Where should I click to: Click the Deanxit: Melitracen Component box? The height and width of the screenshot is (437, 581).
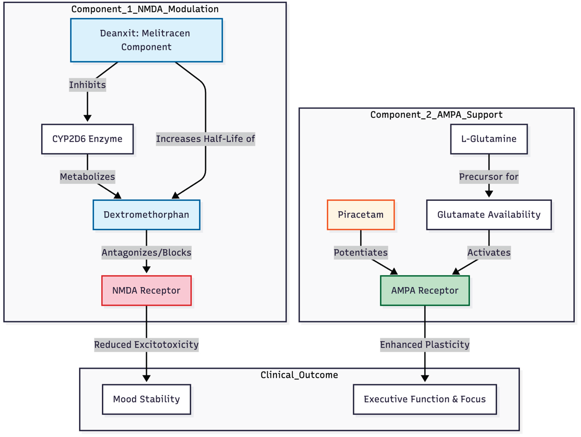(146, 40)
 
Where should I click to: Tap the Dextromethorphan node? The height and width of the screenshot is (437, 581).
(146, 214)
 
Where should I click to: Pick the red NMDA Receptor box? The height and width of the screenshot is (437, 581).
(146, 290)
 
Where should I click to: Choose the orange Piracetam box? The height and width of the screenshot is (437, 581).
(360, 214)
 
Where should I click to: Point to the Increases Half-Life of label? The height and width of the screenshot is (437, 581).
(205, 139)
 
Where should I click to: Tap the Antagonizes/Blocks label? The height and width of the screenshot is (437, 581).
(146, 252)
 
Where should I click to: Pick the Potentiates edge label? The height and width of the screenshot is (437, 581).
(360, 252)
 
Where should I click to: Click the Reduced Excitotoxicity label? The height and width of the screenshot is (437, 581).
(146, 344)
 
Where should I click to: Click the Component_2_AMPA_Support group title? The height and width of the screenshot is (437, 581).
(436, 115)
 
